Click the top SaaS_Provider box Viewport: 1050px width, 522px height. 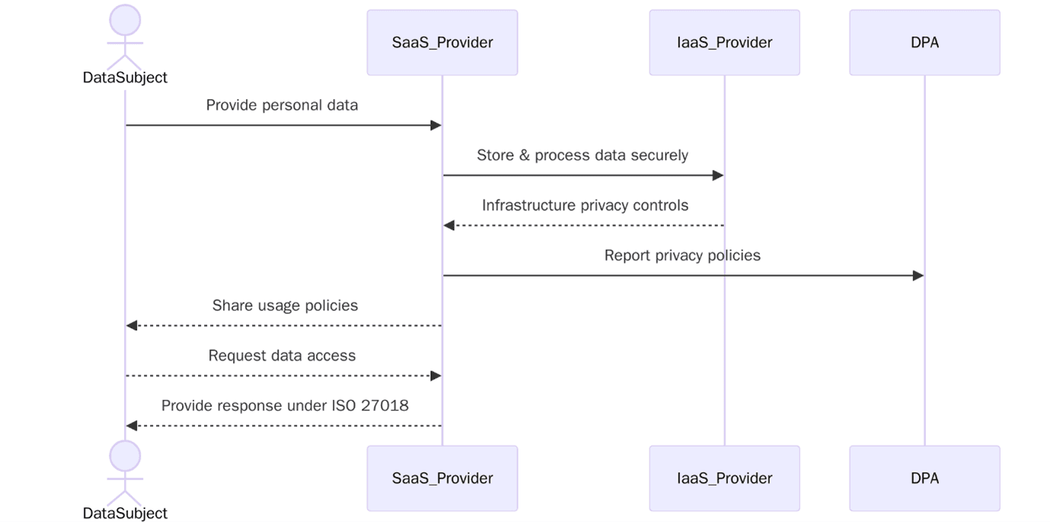click(x=442, y=43)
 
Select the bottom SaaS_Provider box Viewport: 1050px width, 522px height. click(x=442, y=479)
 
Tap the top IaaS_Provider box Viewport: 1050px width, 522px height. click(x=724, y=43)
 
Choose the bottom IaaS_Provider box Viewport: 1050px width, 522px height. click(x=724, y=479)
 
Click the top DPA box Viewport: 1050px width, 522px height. click(x=924, y=43)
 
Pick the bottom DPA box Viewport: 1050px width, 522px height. click(x=924, y=479)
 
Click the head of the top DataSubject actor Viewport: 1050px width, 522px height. click(x=125, y=20)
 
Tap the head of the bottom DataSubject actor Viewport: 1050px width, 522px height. click(x=125, y=456)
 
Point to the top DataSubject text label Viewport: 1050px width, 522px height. click(x=125, y=78)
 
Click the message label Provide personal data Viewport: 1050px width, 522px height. click(x=282, y=105)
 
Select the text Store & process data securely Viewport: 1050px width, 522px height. click(x=582, y=155)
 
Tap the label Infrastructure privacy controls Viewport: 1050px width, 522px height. click(x=585, y=206)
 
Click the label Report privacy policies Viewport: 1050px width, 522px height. click(x=682, y=255)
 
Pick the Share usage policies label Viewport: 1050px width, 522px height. click(x=285, y=306)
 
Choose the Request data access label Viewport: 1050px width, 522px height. click(x=282, y=356)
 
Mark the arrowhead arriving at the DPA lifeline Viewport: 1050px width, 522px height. click(x=918, y=275)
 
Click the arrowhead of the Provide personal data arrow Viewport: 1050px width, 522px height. click(x=436, y=125)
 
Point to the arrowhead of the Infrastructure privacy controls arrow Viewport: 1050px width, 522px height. click(x=449, y=226)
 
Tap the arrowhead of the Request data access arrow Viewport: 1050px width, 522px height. click(x=436, y=376)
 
